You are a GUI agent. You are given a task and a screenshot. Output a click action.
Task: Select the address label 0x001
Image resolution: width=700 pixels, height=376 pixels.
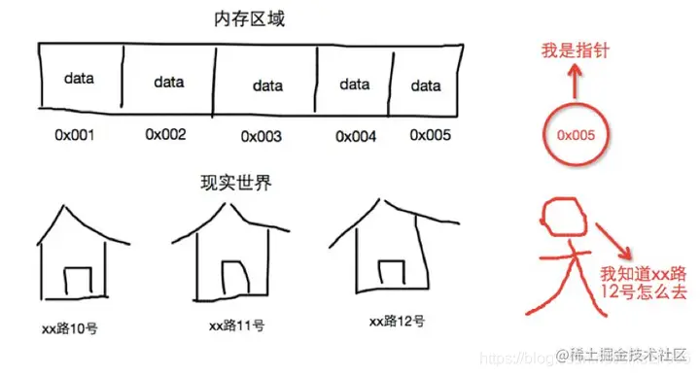(x=74, y=135)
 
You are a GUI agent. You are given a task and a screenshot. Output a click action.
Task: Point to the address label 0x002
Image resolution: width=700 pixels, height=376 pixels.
(x=165, y=134)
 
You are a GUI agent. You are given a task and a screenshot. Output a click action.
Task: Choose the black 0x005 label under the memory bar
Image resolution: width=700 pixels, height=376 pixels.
(x=430, y=135)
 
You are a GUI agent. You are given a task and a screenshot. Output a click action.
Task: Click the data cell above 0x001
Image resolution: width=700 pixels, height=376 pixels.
(x=80, y=77)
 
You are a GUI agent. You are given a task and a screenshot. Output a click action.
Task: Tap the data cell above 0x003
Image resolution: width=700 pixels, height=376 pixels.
(x=267, y=85)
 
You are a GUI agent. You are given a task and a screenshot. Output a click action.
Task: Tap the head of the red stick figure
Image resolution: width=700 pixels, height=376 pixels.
(x=561, y=224)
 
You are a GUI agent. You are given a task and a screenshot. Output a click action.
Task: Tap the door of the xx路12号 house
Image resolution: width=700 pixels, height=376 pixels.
(x=389, y=275)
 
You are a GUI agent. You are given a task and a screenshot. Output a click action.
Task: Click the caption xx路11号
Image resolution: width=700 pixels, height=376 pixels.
(x=233, y=325)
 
